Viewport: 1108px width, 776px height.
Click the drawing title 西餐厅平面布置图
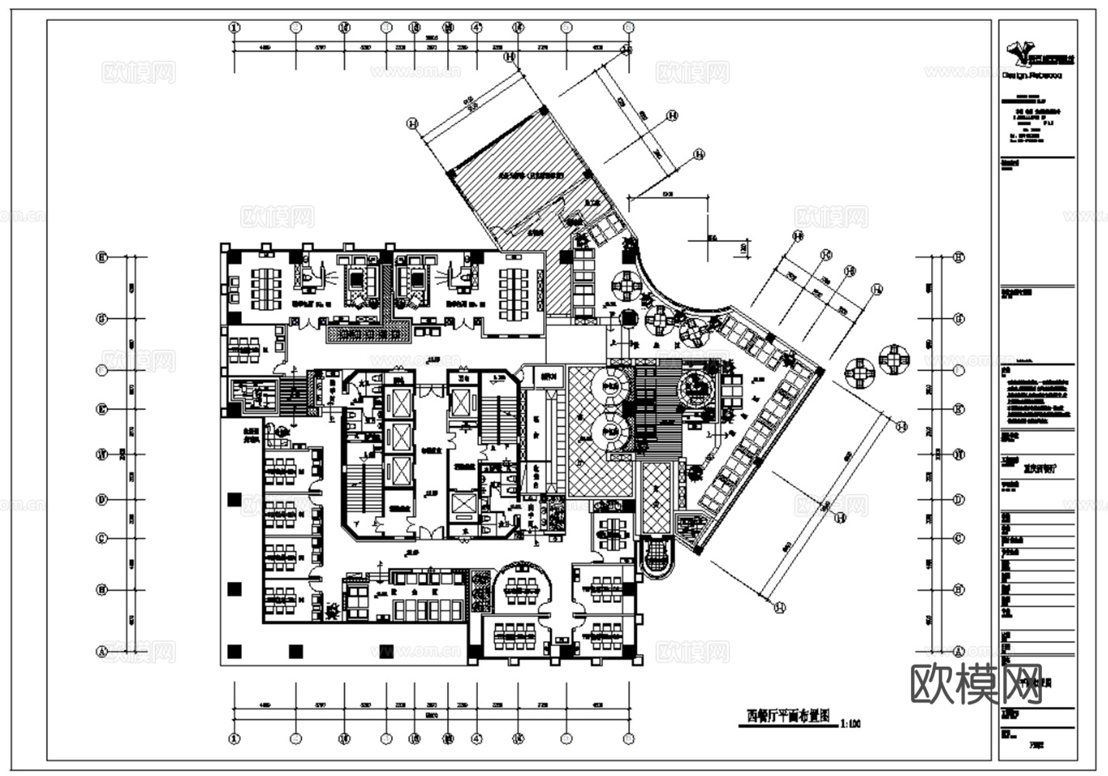coord(787,716)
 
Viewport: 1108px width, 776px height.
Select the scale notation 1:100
coord(850,723)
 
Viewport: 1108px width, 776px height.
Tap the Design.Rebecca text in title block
coord(1032,76)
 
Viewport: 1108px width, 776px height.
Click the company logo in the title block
coord(1035,52)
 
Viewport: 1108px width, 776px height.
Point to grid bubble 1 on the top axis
coord(234,28)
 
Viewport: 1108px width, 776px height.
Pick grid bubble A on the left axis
coord(101,652)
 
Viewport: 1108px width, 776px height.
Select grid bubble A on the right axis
coord(959,652)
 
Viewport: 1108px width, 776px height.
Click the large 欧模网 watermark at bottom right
coord(976,682)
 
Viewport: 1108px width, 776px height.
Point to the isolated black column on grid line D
coord(234,500)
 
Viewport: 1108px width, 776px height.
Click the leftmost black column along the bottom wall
coord(234,651)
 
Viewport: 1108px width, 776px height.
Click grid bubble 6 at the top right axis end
coord(626,28)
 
